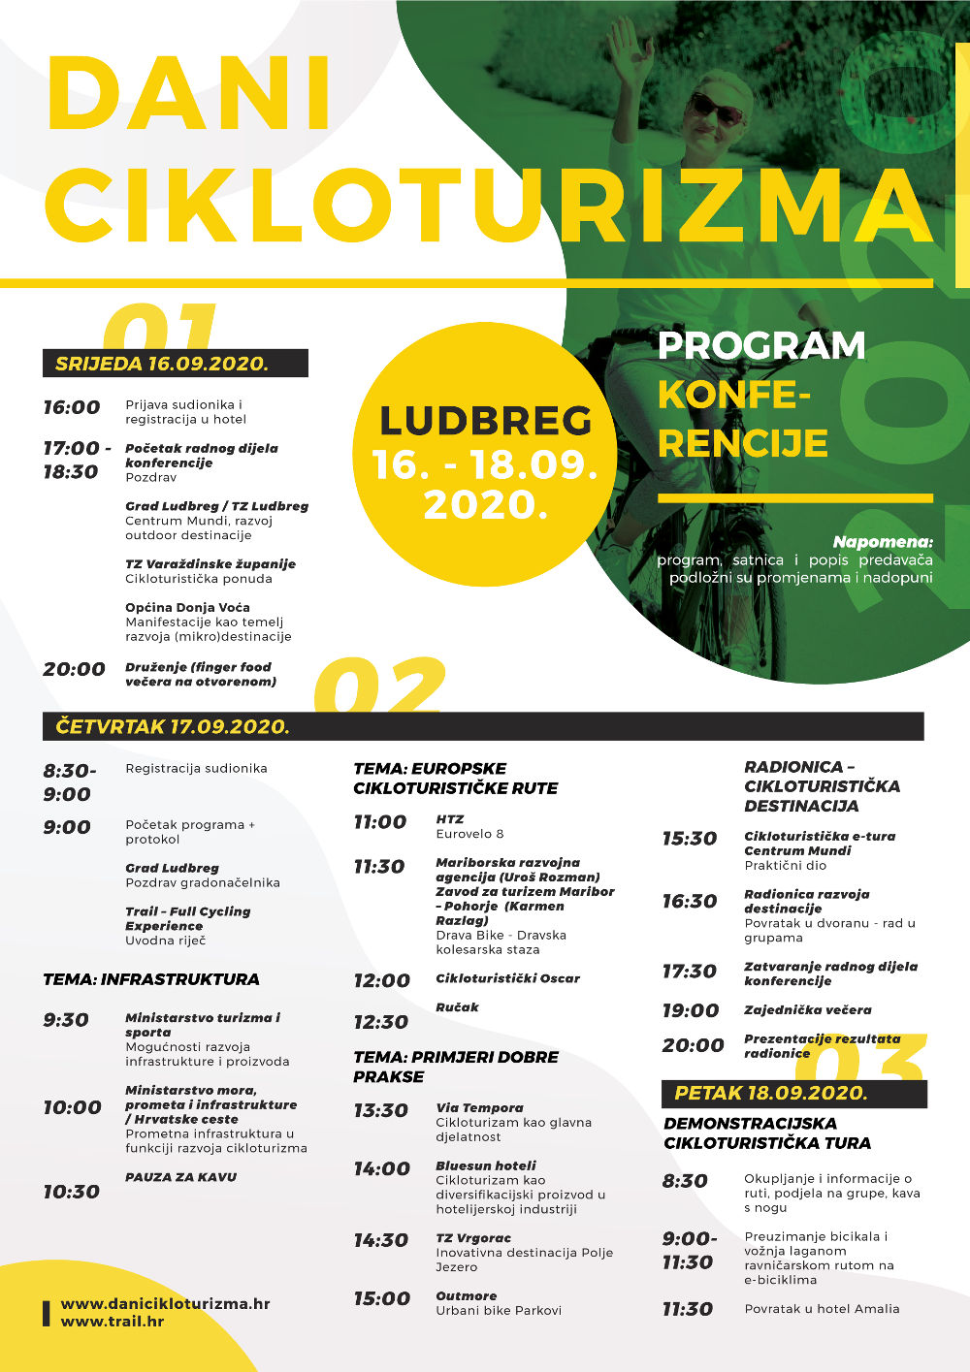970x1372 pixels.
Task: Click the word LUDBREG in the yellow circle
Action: click(485, 421)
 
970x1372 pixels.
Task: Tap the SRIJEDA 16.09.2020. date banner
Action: click(162, 364)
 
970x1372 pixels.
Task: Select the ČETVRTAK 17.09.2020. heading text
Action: click(173, 726)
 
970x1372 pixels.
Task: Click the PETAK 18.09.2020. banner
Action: click(771, 1093)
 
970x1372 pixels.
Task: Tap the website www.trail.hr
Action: click(113, 1321)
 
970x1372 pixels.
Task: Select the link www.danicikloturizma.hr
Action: click(165, 1303)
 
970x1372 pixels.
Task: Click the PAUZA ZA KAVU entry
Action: click(180, 1177)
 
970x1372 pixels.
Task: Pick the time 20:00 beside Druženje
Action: click(74, 669)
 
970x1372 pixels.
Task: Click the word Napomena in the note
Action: click(882, 542)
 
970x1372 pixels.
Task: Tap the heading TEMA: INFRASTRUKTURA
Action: click(151, 979)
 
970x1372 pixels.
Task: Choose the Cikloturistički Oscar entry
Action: click(507, 978)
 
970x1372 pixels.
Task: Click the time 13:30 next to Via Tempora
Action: click(380, 1110)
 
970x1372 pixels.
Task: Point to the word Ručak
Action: click(457, 1007)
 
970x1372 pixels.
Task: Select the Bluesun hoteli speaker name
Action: click(486, 1165)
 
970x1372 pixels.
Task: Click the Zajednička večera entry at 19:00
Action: click(807, 1009)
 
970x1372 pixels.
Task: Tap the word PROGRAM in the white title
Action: click(761, 346)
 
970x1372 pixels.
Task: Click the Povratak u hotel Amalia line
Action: click(822, 1308)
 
